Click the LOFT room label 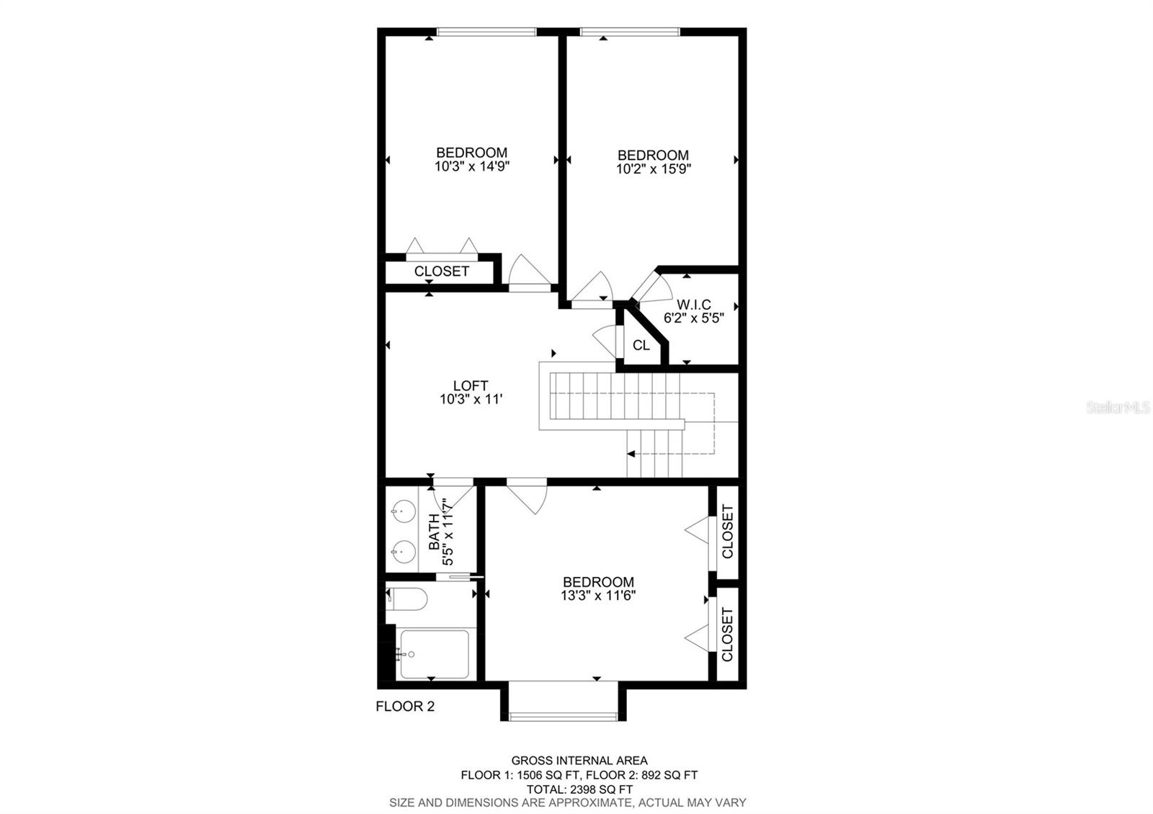(x=471, y=386)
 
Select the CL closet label (x=641, y=346)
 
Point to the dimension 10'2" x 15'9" (x=654, y=169)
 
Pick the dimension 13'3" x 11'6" (x=598, y=596)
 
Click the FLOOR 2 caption (x=405, y=707)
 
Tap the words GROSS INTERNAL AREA (x=579, y=760)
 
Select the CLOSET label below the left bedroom (x=442, y=272)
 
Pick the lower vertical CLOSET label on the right (x=727, y=634)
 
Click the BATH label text (x=435, y=532)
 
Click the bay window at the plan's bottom (x=563, y=715)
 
